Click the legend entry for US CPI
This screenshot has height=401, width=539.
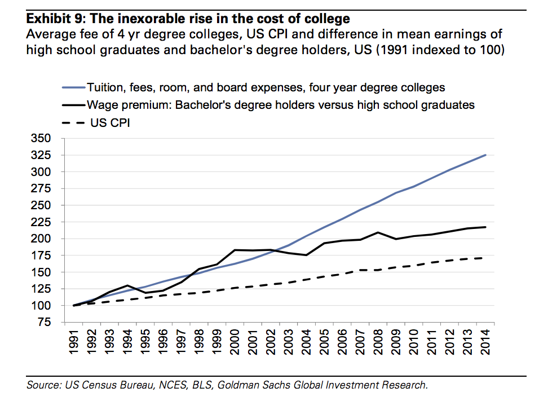pos(110,122)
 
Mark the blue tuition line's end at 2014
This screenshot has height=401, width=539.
pos(486,155)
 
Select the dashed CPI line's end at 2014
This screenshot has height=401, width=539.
pos(486,258)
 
